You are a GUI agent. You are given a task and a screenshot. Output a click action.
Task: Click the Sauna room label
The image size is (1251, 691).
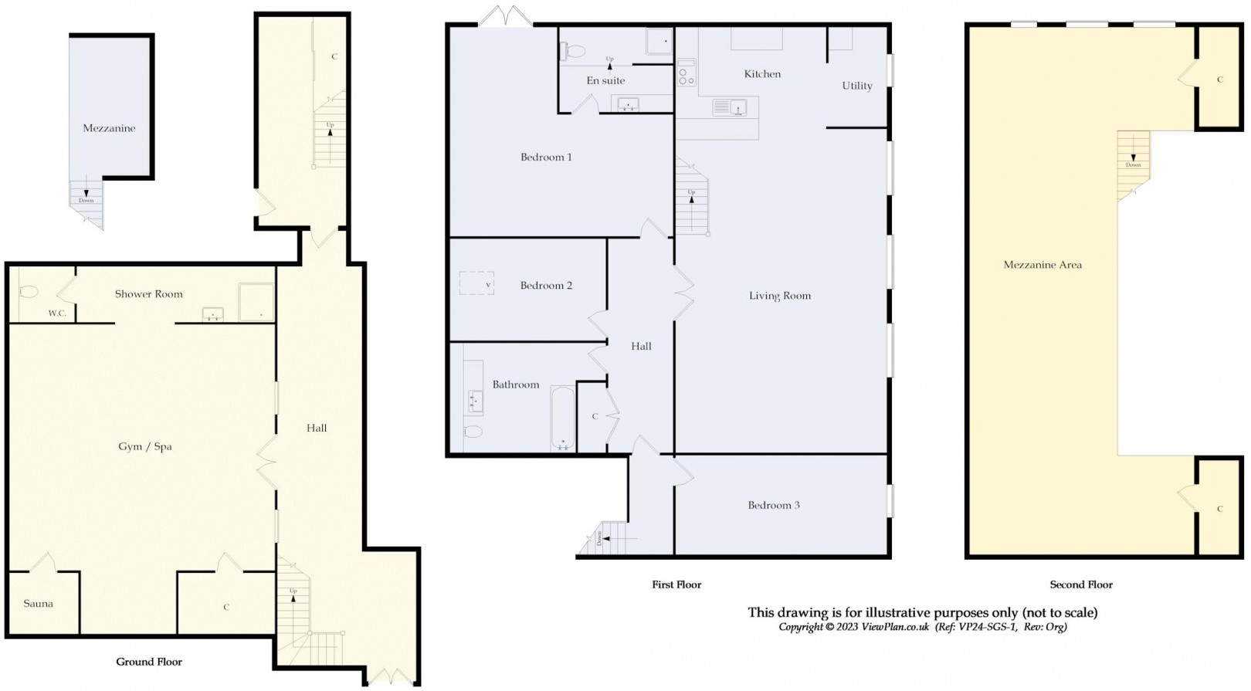pyautogui.click(x=38, y=604)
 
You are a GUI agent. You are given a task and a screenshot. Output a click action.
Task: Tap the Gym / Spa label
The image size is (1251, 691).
pyautogui.click(x=145, y=446)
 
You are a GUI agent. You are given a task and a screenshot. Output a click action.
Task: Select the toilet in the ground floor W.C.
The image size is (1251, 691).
pyautogui.click(x=29, y=293)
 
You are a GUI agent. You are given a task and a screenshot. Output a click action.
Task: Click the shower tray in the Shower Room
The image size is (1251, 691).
pyautogui.click(x=256, y=303)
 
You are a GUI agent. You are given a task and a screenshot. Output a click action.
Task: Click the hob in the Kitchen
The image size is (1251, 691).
pyautogui.click(x=686, y=73)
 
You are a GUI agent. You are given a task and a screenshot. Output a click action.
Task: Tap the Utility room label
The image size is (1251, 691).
pyautogui.click(x=857, y=86)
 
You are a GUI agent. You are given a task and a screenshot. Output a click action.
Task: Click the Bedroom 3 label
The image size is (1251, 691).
pyautogui.click(x=774, y=505)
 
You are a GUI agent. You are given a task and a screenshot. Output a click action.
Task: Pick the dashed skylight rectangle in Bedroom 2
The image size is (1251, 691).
pyautogui.click(x=477, y=283)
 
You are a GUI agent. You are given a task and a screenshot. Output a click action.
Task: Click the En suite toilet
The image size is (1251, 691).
pyautogui.click(x=573, y=51)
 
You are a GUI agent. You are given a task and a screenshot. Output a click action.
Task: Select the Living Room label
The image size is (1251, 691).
pyautogui.click(x=780, y=295)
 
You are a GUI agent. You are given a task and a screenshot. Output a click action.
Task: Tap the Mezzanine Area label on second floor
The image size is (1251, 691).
pyautogui.click(x=1042, y=265)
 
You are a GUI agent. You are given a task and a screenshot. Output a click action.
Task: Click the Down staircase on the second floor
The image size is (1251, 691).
pyautogui.click(x=1133, y=164)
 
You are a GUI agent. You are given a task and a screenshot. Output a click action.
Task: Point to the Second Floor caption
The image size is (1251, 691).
pyautogui.click(x=1081, y=584)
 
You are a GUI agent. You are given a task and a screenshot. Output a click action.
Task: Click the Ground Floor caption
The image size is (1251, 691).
pyautogui.click(x=149, y=662)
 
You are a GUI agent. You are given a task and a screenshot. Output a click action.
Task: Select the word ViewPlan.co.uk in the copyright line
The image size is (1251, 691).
pyautogui.click(x=895, y=627)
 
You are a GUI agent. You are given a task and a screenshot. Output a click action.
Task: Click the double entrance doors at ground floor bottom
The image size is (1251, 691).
pyautogui.click(x=391, y=676)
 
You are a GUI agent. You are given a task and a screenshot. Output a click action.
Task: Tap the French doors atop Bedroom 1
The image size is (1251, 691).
pyautogui.click(x=505, y=17)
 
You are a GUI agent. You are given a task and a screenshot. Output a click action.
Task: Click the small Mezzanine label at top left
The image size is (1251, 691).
pyautogui.click(x=109, y=128)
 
